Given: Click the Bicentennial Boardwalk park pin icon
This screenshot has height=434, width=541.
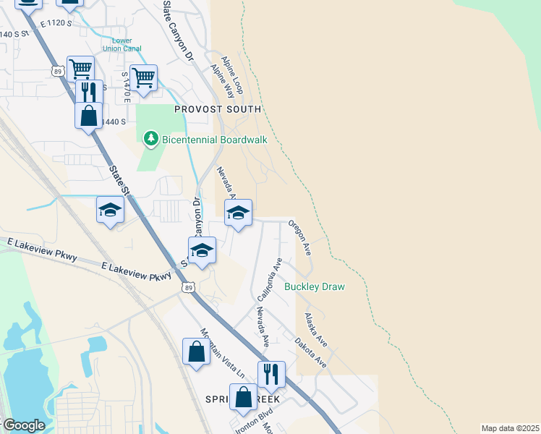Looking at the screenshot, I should [150, 137].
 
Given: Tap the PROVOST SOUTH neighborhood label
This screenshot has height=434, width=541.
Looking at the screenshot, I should [217, 109].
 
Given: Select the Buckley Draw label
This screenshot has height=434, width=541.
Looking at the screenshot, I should [314, 287].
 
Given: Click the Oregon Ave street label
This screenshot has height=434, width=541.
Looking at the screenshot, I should [299, 238].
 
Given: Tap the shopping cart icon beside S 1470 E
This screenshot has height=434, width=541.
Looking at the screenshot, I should [143, 76].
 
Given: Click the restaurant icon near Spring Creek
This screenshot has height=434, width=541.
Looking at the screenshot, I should [271, 374].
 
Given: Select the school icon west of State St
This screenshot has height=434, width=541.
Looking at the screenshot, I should [110, 210].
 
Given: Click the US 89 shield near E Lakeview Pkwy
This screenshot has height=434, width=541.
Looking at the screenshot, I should [189, 288].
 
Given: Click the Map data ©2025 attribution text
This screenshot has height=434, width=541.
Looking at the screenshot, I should [510, 428].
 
